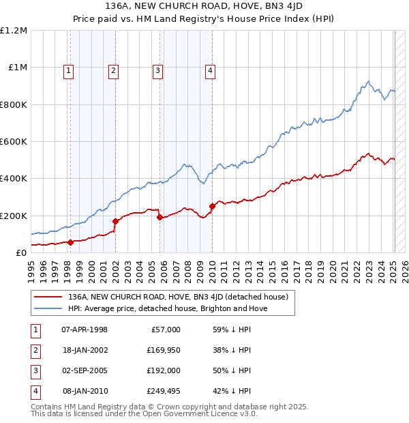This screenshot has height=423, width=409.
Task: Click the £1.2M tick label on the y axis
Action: pyautogui.click(x=14, y=31)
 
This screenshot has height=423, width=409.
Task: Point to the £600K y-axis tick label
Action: pyautogui.click(x=14, y=142)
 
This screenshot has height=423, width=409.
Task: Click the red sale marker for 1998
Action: pyautogui.click(x=70, y=242)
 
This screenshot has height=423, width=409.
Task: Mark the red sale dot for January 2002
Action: pyautogui.click(x=115, y=221)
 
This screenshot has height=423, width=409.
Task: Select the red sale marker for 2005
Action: pyautogui.click(x=160, y=217)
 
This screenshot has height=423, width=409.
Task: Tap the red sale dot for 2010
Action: pyautogui.click(x=212, y=206)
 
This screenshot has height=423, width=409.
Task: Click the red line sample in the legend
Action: pyautogui.click(x=49, y=297)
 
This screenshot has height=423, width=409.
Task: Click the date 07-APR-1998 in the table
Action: pyautogui.click(x=85, y=330)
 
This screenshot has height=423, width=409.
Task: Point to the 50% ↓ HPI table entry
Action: pyautogui.click(x=232, y=370)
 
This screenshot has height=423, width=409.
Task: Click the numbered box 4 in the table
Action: pyautogui.click(x=34, y=391)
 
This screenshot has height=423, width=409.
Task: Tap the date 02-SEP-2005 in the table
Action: pyautogui.click(x=85, y=370)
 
